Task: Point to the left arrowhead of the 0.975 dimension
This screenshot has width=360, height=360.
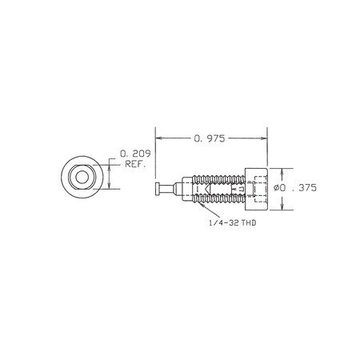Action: [158, 138]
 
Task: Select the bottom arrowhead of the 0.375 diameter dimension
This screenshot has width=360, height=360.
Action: [281, 209]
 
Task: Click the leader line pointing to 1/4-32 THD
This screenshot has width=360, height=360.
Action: [214, 210]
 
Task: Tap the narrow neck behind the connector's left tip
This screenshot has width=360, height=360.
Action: [166, 190]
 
